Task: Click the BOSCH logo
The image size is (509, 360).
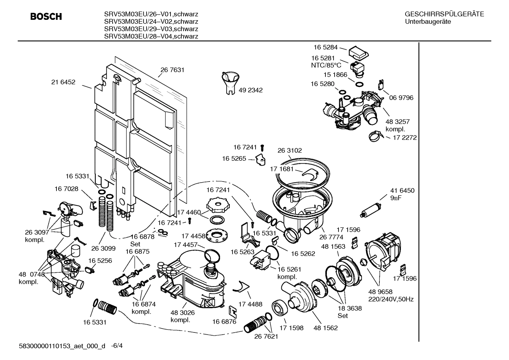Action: [x=46, y=17]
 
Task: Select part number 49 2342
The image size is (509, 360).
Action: [x=251, y=90]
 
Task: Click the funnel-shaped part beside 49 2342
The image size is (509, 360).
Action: [x=230, y=83]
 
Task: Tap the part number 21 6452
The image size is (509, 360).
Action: [x=63, y=82]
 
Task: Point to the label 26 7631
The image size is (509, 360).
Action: [x=172, y=70]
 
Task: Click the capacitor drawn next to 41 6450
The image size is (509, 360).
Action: [x=370, y=210]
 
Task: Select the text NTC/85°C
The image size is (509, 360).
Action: [x=326, y=65]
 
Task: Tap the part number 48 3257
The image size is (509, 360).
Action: [x=397, y=122]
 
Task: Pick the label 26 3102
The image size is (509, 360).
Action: [x=289, y=150]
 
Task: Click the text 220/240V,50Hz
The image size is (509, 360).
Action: [x=391, y=299]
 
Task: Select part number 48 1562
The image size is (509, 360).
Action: [x=325, y=328]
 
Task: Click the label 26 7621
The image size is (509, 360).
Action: [x=266, y=336]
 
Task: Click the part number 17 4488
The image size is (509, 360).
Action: [x=250, y=304]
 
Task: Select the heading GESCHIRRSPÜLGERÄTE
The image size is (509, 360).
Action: [x=444, y=14]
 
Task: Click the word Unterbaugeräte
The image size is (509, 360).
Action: [x=428, y=22]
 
